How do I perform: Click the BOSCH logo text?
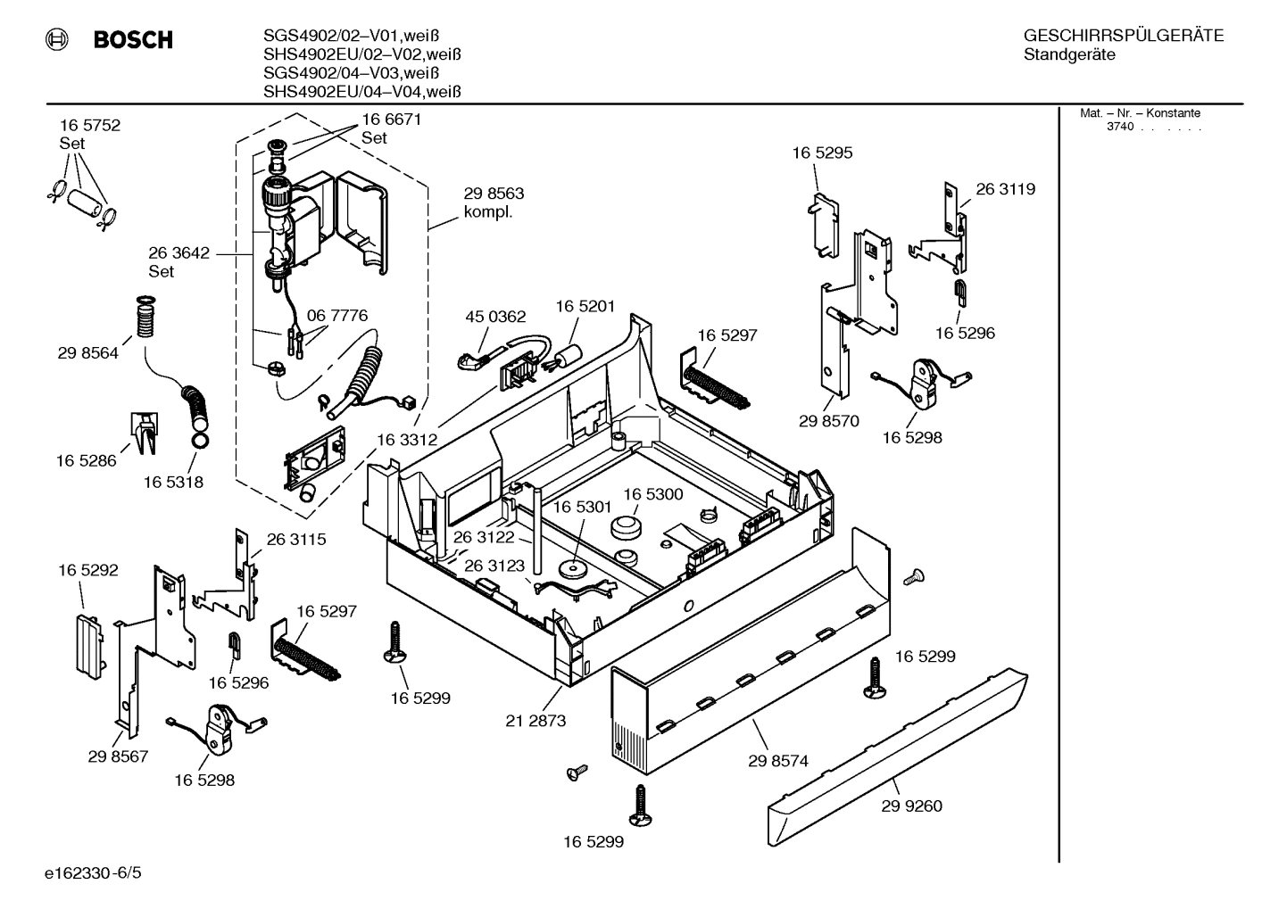pyautogui.click(x=132, y=40)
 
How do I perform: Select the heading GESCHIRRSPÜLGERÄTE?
pyautogui.click(x=1123, y=37)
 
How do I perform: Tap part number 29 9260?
pyautogui.click(x=911, y=806)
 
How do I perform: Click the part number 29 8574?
pyautogui.click(x=777, y=761)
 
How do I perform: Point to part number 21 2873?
pyautogui.click(x=536, y=721)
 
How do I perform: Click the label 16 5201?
pyautogui.click(x=585, y=307)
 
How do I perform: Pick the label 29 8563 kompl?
pyautogui.click(x=494, y=202)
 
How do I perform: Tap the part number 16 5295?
pyautogui.click(x=822, y=153)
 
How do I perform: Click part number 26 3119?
pyautogui.click(x=1005, y=189)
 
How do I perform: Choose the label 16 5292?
pyautogui.click(x=88, y=570)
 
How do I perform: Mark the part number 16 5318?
pyautogui.click(x=173, y=483)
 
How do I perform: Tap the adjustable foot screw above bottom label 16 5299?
pyautogui.click(x=640, y=806)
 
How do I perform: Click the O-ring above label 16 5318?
pyautogui.click(x=201, y=439)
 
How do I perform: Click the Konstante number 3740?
pyautogui.click(x=1119, y=127)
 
